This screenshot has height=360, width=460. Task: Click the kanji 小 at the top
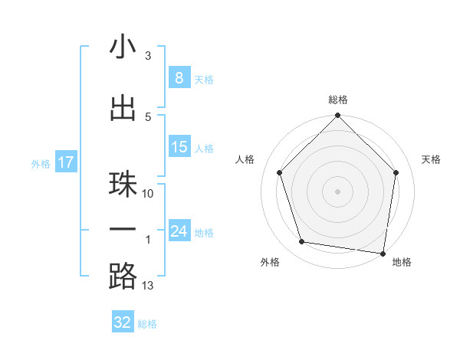coord(123,47)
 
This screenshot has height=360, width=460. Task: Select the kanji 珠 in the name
coord(123,184)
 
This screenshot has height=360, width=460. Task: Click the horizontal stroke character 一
coord(123,229)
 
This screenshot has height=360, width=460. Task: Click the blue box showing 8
coord(179,78)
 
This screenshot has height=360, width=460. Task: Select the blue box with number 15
coord(179,147)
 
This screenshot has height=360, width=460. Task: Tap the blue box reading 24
coord(179,231)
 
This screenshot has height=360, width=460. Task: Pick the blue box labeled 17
coord(65,162)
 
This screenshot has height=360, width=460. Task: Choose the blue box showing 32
coord(123,322)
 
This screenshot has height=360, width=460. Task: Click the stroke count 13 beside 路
coord(148,286)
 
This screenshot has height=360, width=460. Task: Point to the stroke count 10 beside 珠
coord(148,194)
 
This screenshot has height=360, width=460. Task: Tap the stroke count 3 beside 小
coord(148,56)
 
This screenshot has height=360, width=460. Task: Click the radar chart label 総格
coord(338,100)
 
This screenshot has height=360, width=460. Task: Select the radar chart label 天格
coord(431,159)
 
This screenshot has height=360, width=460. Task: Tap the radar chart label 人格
coord(245,159)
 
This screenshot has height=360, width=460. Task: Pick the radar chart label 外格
coord(270,262)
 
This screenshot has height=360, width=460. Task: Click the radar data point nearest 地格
coord(383,253)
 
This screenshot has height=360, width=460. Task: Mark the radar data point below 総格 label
coord(338,116)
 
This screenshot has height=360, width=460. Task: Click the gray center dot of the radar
coord(338,191)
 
